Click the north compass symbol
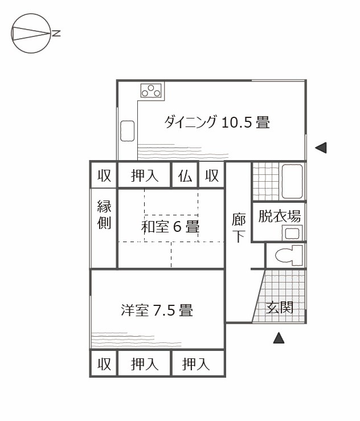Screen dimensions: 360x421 31,33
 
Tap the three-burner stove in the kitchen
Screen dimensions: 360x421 151,91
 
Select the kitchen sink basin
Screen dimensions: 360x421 127,131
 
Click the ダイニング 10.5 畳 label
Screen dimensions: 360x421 217,122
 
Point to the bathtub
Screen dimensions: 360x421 292,181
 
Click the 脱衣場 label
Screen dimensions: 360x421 279,216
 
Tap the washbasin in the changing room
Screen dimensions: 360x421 292,233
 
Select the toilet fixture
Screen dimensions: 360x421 289,255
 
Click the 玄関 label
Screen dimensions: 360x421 279,308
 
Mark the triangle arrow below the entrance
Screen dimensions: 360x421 279,338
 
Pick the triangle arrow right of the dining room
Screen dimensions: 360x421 321,148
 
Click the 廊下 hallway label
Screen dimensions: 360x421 239,227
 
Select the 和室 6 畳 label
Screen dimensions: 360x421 170,226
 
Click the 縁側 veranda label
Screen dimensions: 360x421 104,215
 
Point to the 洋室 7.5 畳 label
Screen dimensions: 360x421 157,310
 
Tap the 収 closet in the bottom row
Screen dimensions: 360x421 104,364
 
